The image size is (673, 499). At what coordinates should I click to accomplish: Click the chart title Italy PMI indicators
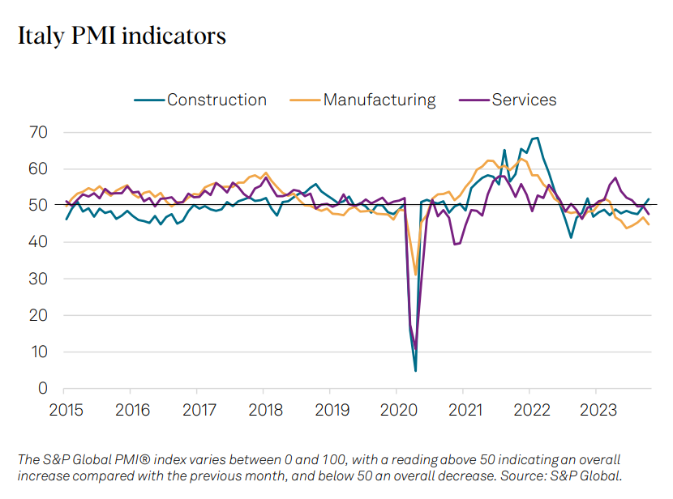122,36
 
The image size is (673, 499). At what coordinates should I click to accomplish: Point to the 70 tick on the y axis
39,132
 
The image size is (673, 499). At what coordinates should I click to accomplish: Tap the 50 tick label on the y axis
39,205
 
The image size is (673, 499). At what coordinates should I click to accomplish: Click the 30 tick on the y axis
39,279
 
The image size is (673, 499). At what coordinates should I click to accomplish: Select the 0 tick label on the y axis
43,389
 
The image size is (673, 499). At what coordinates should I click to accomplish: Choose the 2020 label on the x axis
397,411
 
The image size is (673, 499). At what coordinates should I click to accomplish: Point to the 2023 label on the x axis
596,411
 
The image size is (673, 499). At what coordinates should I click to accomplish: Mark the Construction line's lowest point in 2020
415,371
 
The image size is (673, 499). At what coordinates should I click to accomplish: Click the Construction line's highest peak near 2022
537,138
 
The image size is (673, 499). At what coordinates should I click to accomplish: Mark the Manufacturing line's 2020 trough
416,275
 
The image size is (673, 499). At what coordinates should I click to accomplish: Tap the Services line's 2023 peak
615,177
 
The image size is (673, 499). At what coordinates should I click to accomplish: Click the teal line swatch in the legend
148,100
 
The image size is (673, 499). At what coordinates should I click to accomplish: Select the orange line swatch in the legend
304,100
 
